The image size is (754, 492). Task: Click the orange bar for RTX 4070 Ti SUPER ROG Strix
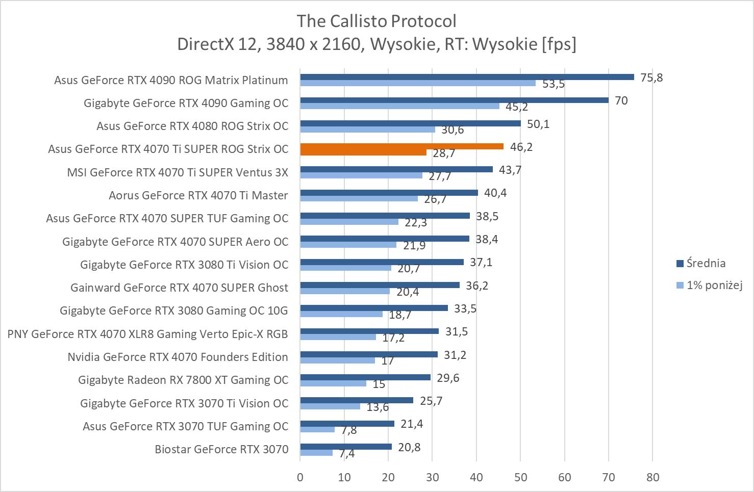pos(401,146)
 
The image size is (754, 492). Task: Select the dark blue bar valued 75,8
pos(467,77)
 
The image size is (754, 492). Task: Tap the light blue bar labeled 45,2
pos(399,106)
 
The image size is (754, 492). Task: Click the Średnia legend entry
pos(706,263)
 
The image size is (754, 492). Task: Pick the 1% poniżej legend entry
pos(714,285)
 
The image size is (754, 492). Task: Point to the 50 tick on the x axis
pos(520,477)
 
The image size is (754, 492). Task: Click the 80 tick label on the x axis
pos(652,477)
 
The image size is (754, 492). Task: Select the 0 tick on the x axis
pos(300,477)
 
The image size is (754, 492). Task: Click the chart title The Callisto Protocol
pos(376,21)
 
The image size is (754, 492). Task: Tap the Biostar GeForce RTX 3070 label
pos(221,449)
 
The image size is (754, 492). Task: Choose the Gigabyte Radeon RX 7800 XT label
pos(183,380)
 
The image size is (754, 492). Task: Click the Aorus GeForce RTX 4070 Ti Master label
pos(198,195)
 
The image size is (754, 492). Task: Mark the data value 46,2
pos(521,147)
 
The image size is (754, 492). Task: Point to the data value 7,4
pos(346,453)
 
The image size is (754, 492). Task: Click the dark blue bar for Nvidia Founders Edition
pos(368,354)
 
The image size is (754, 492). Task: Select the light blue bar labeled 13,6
pos(330,406)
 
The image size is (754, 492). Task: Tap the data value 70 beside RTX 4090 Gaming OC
pos(621,100)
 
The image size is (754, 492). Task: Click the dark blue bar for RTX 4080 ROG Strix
pos(410,123)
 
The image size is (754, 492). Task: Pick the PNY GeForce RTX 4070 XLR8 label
pos(147,334)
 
